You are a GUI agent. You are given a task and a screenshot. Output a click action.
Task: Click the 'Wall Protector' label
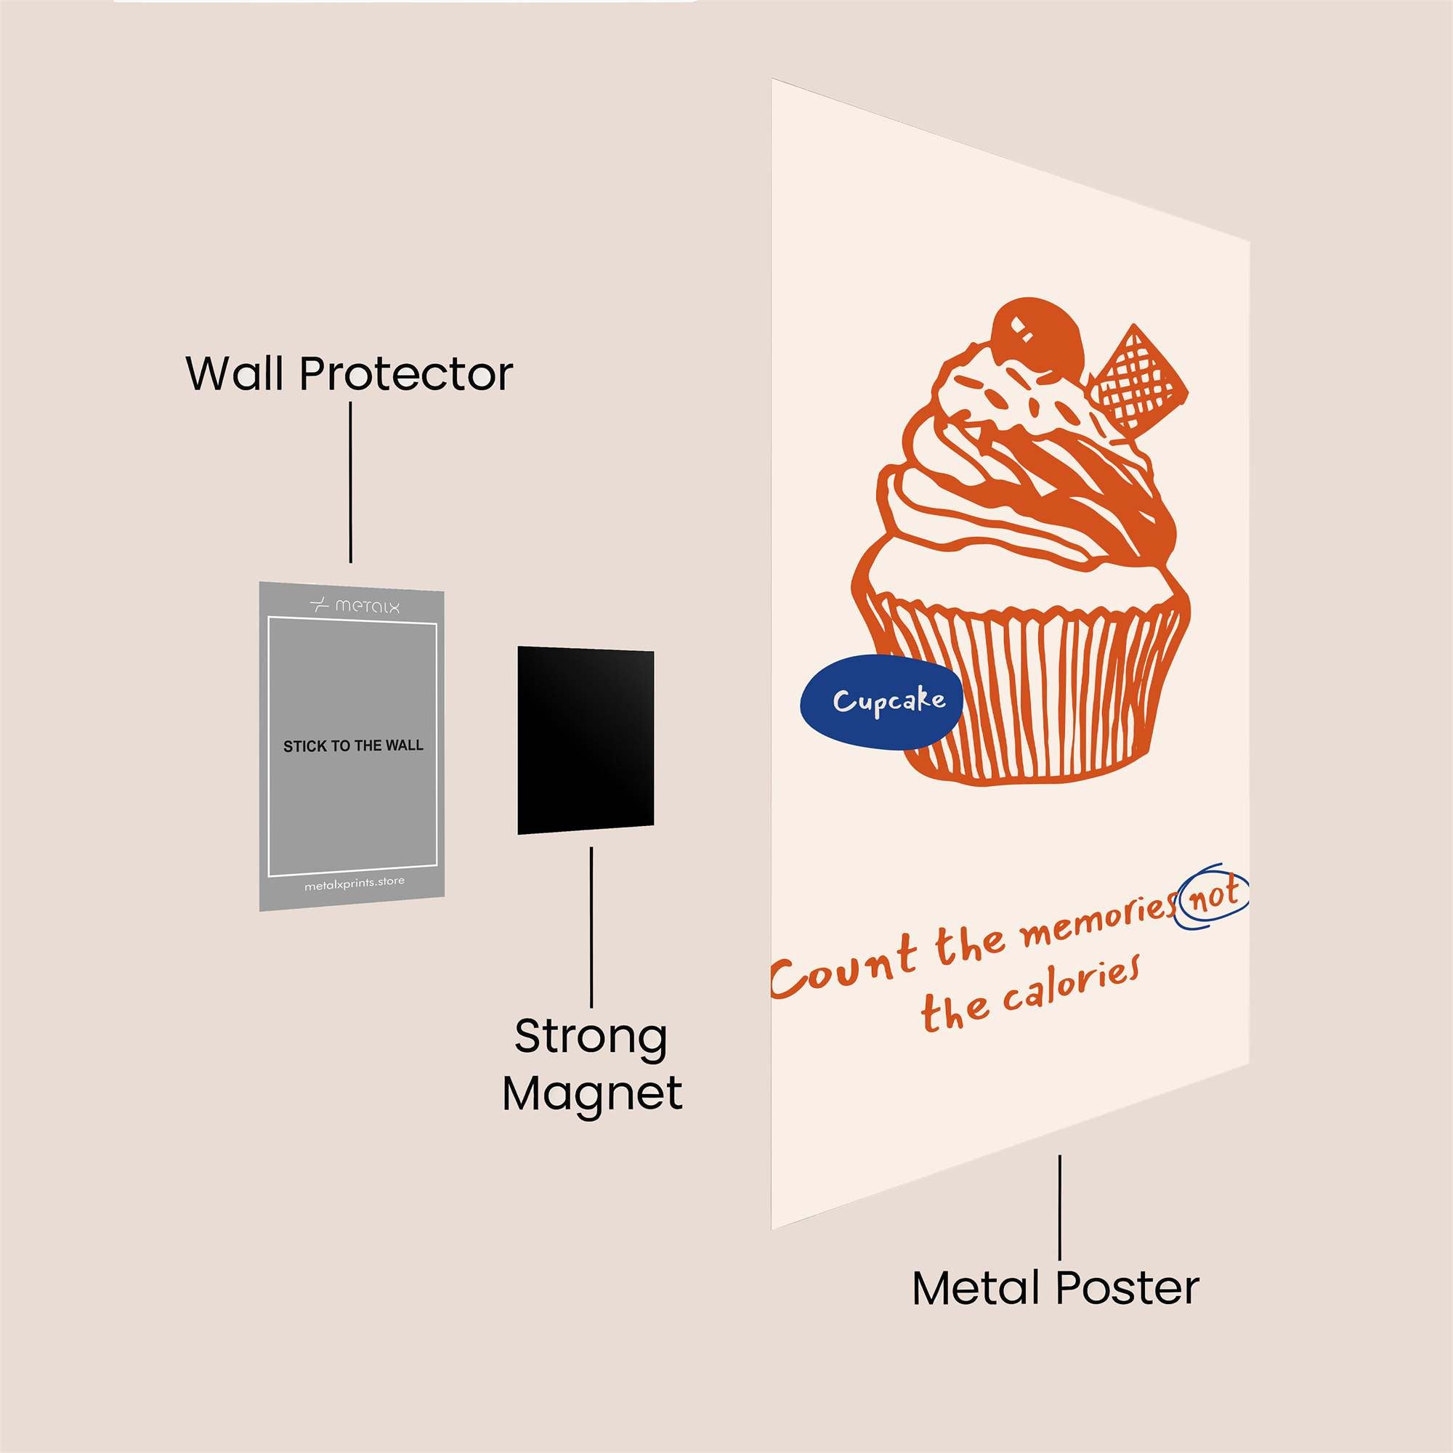pyautogui.click(x=349, y=373)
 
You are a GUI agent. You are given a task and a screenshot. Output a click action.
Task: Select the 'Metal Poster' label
pyautogui.click(x=1055, y=1287)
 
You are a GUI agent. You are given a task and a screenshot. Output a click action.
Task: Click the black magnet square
pyautogui.click(x=585, y=740)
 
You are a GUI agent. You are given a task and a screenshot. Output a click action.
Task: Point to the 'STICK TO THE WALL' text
pyautogui.click(x=353, y=746)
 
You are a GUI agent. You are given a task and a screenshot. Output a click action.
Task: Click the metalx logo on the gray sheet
pyautogui.click(x=355, y=604)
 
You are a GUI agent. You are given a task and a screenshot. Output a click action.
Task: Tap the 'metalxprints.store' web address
pyautogui.click(x=355, y=883)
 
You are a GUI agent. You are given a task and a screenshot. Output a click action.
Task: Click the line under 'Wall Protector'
pyautogui.click(x=350, y=482)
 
